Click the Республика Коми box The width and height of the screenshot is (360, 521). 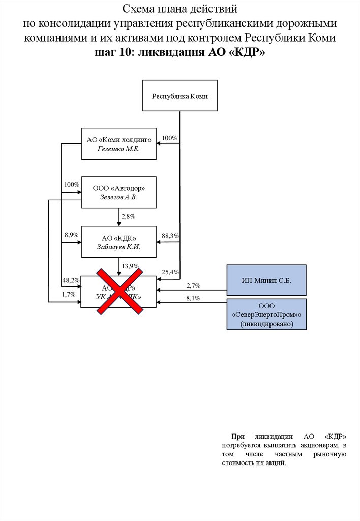pyautogui.click(x=180, y=96)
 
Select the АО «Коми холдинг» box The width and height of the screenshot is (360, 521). pyautogui.click(x=118, y=143)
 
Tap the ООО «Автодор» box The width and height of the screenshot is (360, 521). pyautogui.click(x=118, y=192)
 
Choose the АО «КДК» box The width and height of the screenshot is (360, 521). pyautogui.click(x=118, y=242)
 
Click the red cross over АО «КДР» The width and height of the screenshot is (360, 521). pyautogui.click(x=119, y=291)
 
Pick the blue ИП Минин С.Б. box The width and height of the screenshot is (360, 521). pyautogui.click(x=266, y=280)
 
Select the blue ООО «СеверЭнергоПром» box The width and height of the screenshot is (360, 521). pyautogui.click(x=266, y=315)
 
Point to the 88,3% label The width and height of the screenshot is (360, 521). pyautogui.click(x=170, y=236)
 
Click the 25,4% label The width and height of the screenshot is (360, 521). pyautogui.click(x=170, y=272)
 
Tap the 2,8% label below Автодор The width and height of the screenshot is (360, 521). pyautogui.click(x=128, y=217)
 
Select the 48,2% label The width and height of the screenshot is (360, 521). pyautogui.click(x=71, y=280)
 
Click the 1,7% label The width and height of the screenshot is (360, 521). pyautogui.click(x=69, y=294)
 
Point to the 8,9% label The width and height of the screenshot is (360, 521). pyautogui.click(x=71, y=235)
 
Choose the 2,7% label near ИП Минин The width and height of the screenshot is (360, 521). pyautogui.click(x=193, y=286)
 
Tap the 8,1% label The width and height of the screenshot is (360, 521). pyautogui.click(x=193, y=298)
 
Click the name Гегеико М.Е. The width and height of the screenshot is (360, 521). pyautogui.click(x=118, y=148)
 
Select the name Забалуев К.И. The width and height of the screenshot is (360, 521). pyautogui.click(x=118, y=247)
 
